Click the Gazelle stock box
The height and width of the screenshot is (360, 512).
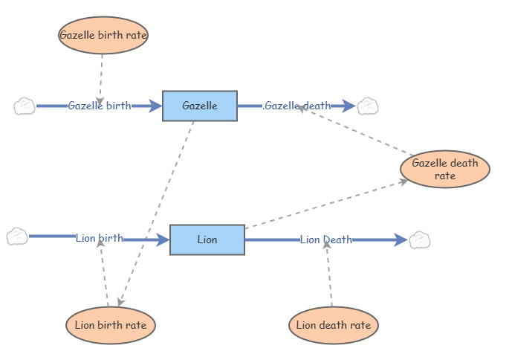[200, 106]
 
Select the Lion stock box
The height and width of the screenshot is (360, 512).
[207, 240]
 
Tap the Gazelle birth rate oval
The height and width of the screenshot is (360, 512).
[103, 34]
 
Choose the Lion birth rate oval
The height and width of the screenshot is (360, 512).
[111, 325]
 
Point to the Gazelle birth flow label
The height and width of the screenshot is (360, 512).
[99, 106]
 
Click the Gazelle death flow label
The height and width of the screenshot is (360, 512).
[297, 106]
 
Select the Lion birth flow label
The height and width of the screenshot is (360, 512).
[100, 239]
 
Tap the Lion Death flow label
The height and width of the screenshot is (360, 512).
[326, 240]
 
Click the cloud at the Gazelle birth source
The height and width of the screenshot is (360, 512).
[25, 106]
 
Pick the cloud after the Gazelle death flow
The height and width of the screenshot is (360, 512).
[368, 106]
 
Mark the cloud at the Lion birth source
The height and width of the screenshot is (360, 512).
[17, 237]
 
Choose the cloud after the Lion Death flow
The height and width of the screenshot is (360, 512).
[420, 240]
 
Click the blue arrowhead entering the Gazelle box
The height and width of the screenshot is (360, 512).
[155, 106]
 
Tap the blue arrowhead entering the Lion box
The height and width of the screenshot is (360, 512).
[163, 240]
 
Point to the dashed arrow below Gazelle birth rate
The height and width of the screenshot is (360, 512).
[101, 74]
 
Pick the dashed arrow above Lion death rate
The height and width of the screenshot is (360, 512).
[328, 275]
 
